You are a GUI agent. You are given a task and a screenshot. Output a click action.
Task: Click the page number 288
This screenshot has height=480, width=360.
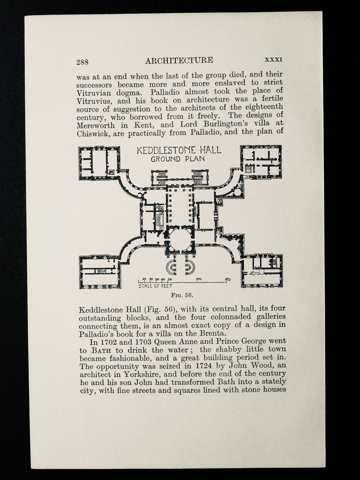coord(82,62)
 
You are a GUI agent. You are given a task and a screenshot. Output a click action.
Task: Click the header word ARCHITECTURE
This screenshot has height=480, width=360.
coord(179,60)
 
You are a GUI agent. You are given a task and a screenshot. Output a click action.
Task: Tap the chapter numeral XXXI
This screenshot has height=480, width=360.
coord(273,59)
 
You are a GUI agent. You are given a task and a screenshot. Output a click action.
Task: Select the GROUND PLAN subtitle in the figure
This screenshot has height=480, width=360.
coord(178,159)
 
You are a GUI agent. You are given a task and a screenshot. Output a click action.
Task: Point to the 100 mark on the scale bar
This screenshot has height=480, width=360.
coord(199,279)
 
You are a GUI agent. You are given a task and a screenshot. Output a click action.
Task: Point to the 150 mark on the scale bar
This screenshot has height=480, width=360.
coord(228,279)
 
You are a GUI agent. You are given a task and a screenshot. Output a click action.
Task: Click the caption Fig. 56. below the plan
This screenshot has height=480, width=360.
coord(181,295)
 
